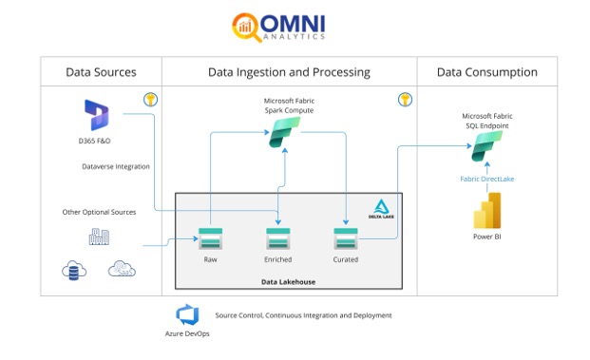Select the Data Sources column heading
pyautogui.click(x=100, y=72)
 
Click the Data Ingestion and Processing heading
pyautogui.click(x=289, y=72)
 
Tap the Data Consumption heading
pyautogui.click(x=486, y=72)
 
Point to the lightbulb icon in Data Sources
pyautogui.click(x=149, y=99)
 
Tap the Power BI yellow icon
pyautogui.click(x=486, y=211)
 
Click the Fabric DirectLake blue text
pyautogui.click(x=486, y=179)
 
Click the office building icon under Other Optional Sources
pyautogui.click(x=99, y=237)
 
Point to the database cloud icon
pyautogui.click(x=74, y=271)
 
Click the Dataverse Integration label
pyautogui.click(x=116, y=166)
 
